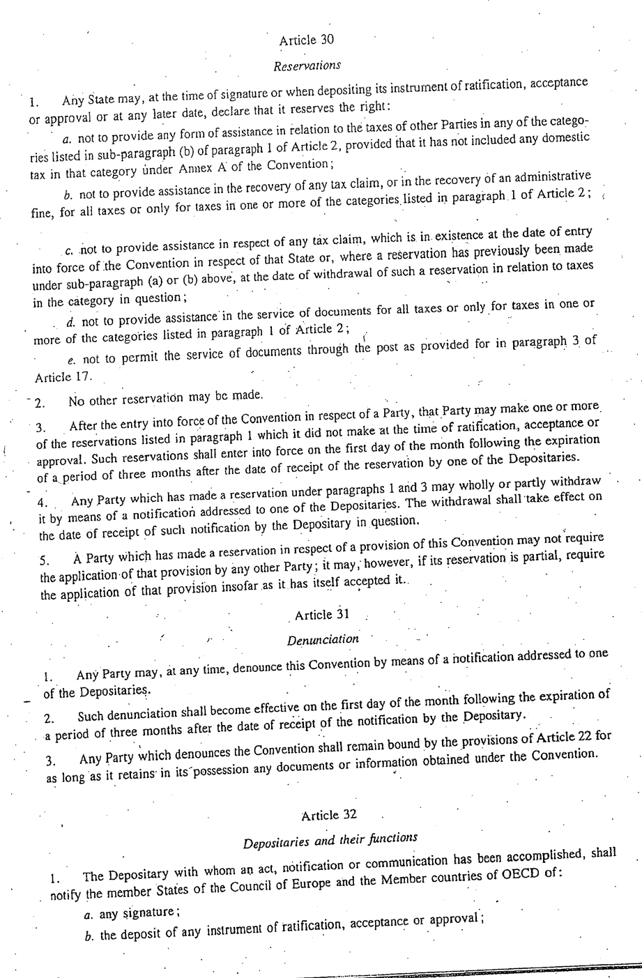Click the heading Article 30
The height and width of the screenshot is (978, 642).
(306, 40)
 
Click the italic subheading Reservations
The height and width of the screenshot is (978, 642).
(307, 66)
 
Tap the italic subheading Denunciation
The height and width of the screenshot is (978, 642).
(323, 639)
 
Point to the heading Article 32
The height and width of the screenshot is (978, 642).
(330, 815)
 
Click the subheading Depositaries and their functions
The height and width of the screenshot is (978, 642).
(330, 840)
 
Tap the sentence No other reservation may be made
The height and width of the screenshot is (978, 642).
(166, 398)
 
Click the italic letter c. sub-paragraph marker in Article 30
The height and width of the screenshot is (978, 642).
(69, 250)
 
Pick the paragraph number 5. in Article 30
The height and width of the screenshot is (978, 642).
(43, 560)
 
